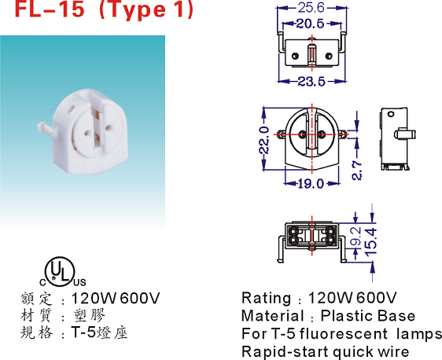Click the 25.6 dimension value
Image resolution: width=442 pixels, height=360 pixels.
coord(311,8)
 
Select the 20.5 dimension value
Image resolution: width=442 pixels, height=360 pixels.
coord(310,24)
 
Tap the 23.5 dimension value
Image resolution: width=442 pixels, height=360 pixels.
coord(311,82)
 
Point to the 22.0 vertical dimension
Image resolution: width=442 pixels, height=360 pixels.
coord(264,140)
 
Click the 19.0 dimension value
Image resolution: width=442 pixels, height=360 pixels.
coord(311,184)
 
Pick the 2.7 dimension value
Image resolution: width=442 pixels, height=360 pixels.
coord(357,171)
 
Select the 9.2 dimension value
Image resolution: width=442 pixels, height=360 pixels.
coord(355,236)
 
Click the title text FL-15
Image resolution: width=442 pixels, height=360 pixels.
coord(50,9)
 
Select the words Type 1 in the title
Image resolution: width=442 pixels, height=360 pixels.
coord(146,10)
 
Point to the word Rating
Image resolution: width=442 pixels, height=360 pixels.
coord(267,298)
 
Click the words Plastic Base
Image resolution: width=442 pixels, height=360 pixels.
coord(368,316)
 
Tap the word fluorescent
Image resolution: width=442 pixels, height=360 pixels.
coord(344,333)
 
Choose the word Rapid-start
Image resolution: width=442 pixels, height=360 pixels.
coord(285,352)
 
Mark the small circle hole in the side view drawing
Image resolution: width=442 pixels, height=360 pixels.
coord(390,114)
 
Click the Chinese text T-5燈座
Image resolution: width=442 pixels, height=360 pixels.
coord(99,332)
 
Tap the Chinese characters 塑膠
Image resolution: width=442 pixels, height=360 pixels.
coord(90,315)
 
